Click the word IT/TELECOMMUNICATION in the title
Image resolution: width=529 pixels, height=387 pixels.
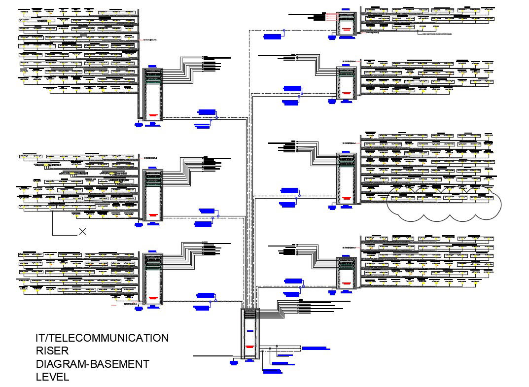pyautogui.click(x=102, y=338)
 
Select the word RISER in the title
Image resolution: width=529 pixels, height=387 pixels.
pyautogui.click(x=52, y=351)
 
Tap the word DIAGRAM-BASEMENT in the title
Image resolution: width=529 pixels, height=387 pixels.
pyautogui.click(x=92, y=364)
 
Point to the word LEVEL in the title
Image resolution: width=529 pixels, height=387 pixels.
pyautogui.click(x=52, y=377)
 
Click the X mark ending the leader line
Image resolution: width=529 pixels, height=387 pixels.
pyautogui.click(x=82, y=231)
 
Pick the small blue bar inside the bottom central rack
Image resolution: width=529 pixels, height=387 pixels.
pyautogui.click(x=251, y=331)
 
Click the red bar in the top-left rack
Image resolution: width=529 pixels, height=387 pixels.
pyautogui.click(x=153, y=115)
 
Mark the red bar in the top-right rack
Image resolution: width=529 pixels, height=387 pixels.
pyautogui.click(x=347, y=29)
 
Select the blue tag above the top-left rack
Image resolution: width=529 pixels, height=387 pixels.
pyautogui.click(x=153, y=66)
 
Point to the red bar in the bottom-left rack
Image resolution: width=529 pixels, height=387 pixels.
pyautogui.click(x=153, y=299)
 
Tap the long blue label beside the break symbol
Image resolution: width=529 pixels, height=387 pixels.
pyautogui.click(x=315, y=348)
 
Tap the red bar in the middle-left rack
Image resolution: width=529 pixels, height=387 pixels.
pyautogui.click(x=153, y=214)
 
